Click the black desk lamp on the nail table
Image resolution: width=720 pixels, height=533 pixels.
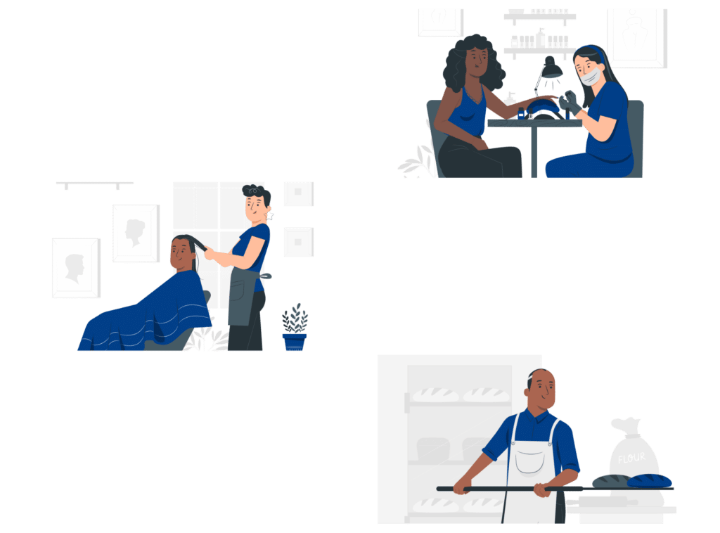click(551, 69)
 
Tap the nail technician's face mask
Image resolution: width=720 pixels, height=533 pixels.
click(591, 77)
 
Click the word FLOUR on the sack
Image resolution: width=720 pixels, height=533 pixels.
click(631, 458)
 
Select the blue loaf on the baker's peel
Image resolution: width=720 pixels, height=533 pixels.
click(649, 481)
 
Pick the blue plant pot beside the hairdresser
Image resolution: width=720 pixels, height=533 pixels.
click(295, 342)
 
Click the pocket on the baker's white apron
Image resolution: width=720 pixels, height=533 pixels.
click(530, 461)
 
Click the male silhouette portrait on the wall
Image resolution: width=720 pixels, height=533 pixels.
click(76, 268)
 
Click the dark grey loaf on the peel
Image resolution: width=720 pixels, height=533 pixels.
click(611, 481)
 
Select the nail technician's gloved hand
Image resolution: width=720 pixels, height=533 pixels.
click(570, 103)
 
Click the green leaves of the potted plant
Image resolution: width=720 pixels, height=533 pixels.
click(295, 318)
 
